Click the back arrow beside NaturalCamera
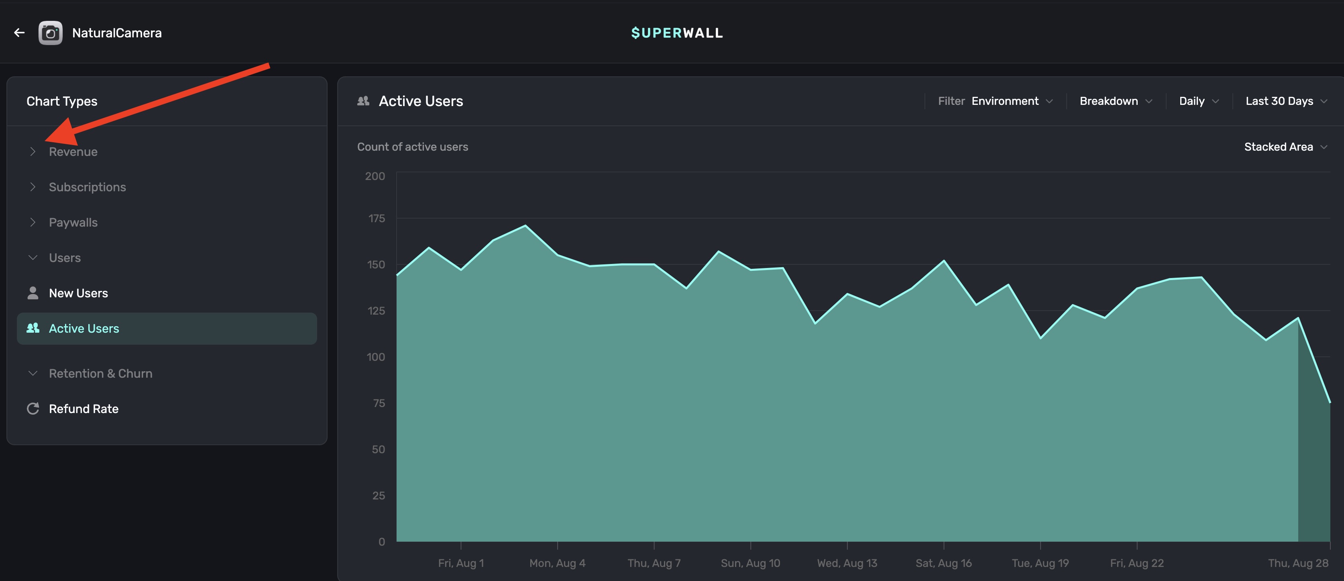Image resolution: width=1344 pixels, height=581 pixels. click(x=19, y=33)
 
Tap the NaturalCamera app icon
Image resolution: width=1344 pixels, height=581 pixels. click(x=51, y=33)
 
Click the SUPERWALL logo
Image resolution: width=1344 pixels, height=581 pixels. click(x=677, y=33)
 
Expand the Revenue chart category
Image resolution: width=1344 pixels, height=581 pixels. click(x=73, y=152)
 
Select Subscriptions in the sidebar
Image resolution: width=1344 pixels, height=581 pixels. click(x=87, y=187)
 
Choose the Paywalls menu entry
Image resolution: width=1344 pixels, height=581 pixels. click(x=73, y=222)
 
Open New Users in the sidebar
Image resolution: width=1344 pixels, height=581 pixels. click(x=78, y=293)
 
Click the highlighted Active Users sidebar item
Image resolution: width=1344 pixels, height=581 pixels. click(x=84, y=328)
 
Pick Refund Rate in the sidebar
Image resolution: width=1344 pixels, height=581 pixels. click(x=83, y=409)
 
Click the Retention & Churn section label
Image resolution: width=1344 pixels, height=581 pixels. click(x=100, y=374)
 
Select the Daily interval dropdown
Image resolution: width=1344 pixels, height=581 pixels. click(x=1198, y=101)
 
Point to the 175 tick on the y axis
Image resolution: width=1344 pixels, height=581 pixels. click(x=376, y=219)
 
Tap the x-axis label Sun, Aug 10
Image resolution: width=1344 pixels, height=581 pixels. click(x=750, y=563)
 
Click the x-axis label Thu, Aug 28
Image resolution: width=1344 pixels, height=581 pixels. click(x=1297, y=563)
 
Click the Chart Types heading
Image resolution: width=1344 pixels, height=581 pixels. click(x=61, y=101)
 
